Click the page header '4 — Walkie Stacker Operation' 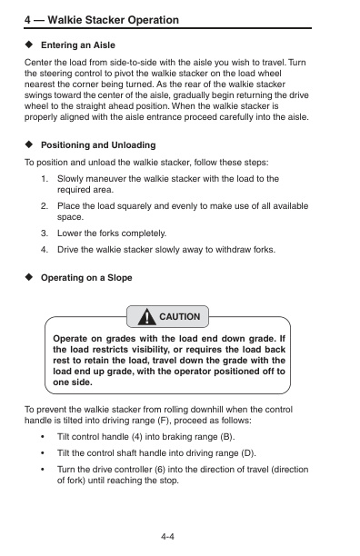click(101, 19)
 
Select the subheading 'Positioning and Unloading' click(98, 145)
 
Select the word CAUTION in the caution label click(180, 317)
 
